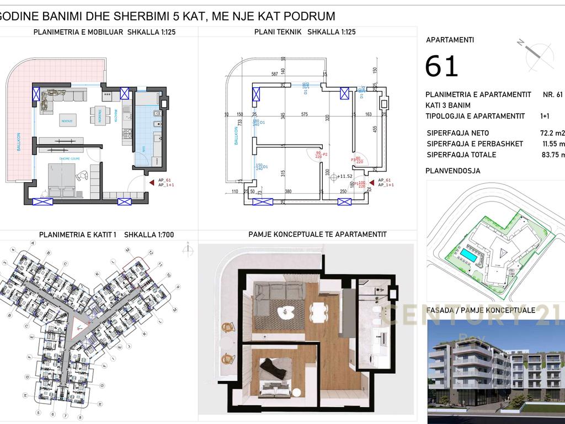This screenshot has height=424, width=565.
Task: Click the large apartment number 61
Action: (442, 66)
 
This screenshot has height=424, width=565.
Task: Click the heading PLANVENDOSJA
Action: (453, 171)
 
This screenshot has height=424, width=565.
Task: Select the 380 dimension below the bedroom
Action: (287, 192)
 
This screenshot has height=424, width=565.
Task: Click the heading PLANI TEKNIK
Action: (278, 32)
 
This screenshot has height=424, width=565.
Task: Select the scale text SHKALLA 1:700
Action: (149, 235)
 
